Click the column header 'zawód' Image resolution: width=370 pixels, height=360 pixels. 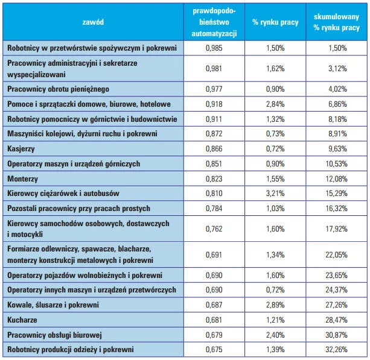point(93,22)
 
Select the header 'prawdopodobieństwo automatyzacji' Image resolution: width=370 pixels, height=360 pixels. point(214,22)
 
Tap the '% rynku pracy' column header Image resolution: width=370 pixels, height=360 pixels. point(275,22)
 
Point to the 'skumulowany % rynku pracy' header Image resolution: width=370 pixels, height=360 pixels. point(336,22)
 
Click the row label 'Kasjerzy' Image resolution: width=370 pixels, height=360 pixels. point(21,149)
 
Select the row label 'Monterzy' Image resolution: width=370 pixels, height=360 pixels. point(22,178)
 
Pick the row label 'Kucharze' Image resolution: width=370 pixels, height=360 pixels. point(22,320)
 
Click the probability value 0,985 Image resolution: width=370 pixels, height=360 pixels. point(214,48)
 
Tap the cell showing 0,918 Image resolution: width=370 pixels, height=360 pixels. point(214,104)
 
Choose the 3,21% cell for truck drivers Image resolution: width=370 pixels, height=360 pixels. point(275,194)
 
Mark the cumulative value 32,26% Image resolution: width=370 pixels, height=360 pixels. point(336,349)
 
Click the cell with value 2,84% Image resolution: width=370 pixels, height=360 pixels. point(275,104)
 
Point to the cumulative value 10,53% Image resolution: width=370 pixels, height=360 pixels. point(336,163)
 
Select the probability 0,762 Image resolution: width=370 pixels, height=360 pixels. point(214,229)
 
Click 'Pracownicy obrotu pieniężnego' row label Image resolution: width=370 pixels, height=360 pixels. point(58,89)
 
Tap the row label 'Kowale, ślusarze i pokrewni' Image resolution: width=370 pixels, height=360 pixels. point(53,305)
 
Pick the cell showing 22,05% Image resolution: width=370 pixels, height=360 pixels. point(336,255)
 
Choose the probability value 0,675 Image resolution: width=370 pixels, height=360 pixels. point(214,349)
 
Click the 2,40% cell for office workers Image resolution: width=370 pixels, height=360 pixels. point(275,335)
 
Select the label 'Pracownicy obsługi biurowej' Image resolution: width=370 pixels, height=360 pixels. point(54,335)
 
